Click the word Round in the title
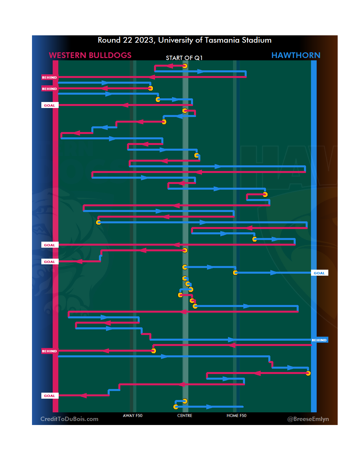point(109,40)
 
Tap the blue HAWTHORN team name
point(296,55)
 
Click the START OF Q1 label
point(184,58)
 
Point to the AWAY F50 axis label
point(133,416)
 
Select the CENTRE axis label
point(185,416)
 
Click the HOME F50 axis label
point(236,416)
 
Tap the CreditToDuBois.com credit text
point(69,419)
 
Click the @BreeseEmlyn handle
point(308,419)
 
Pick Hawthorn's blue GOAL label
point(319,273)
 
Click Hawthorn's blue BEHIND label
point(319,340)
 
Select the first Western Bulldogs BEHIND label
point(49,77)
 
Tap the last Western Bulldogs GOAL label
point(50,396)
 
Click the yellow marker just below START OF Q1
point(185,66)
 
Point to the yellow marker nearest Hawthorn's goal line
point(308,373)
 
